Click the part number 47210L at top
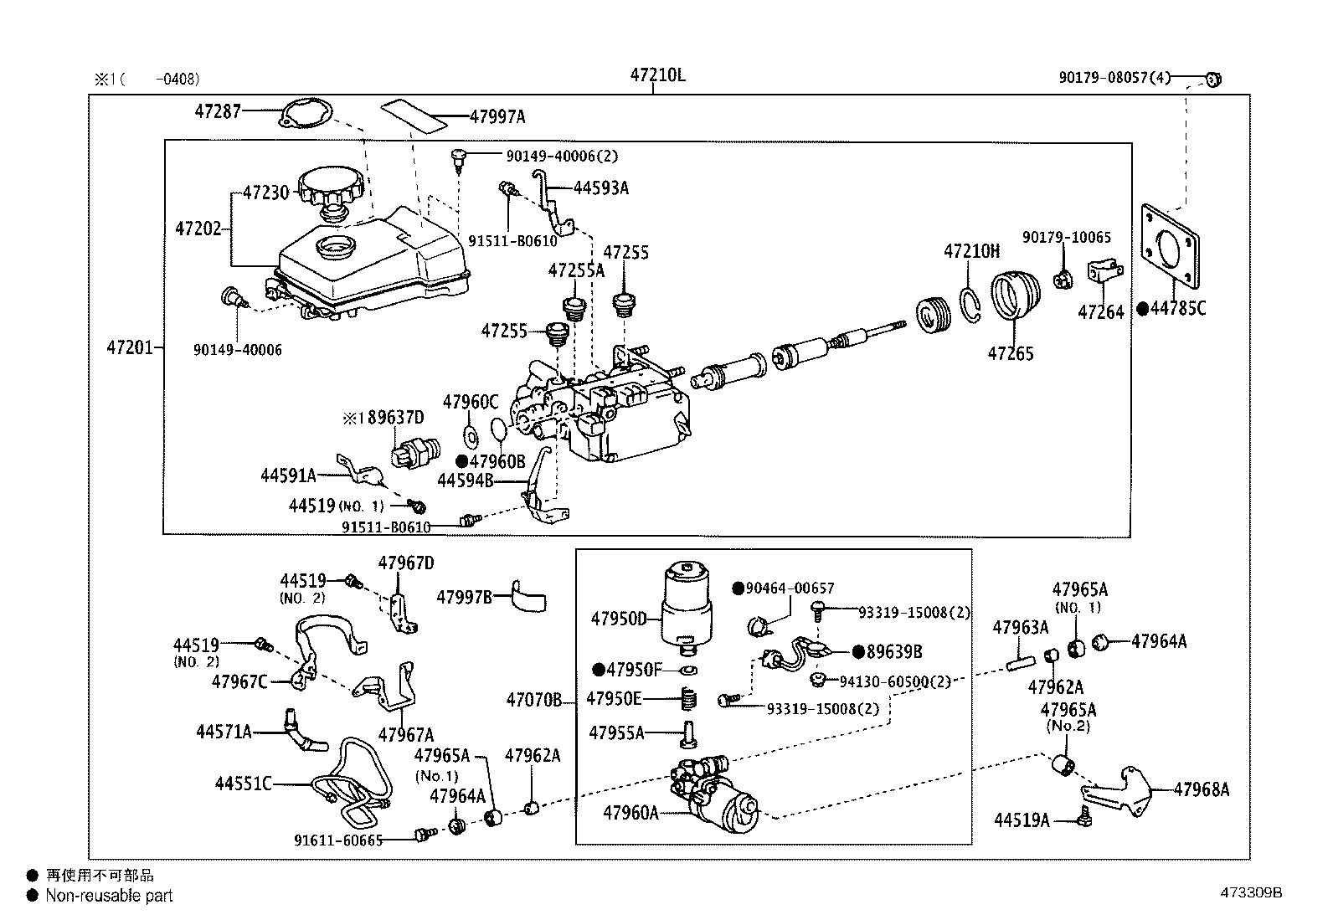point(657,75)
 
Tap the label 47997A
point(497,117)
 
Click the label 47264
point(1101,312)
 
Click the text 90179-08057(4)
point(1114,78)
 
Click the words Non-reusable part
point(109,896)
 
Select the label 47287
point(218,111)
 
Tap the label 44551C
point(243,784)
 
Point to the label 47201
point(130,346)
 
